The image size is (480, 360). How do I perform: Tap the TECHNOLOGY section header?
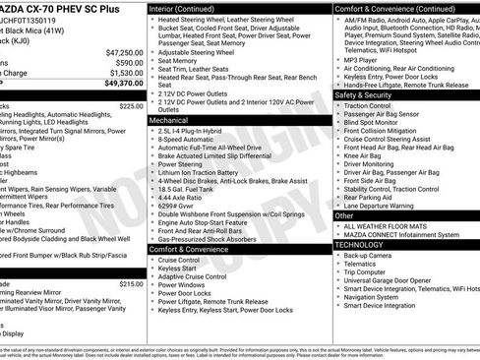[360, 244]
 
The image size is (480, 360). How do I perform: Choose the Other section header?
[344, 214]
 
